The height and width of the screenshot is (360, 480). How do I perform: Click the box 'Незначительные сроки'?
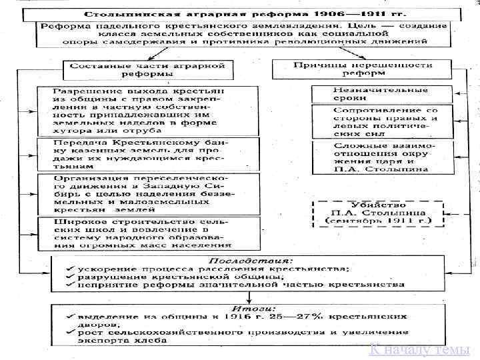click(x=381, y=94)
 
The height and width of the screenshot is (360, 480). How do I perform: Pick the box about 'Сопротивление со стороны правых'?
click(x=381, y=121)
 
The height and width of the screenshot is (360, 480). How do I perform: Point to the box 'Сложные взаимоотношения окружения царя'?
click(x=381, y=157)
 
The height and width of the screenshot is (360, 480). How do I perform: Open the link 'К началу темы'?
click(x=419, y=350)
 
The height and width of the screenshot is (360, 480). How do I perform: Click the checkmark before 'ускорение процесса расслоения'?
click(x=69, y=268)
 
